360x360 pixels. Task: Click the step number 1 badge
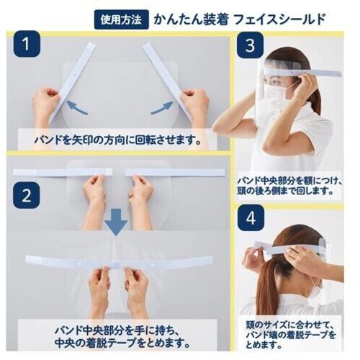click(x=27, y=44)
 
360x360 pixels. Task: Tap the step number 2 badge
click(x=27, y=195)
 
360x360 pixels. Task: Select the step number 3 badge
click(x=250, y=45)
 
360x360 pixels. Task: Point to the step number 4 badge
click(x=251, y=218)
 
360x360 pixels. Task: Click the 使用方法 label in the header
click(x=121, y=19)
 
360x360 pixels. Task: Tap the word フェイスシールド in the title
click(x=279, y=19)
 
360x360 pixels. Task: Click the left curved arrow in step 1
click(x=77, y=107)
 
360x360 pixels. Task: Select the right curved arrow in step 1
click(x=161, y=107)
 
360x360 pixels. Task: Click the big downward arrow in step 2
click(x=116, y=222)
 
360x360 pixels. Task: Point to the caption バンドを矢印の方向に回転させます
click(x=117, y=140)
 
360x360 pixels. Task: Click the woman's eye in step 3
click(x=274, y=81)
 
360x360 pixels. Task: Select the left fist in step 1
click(x=46, y=100)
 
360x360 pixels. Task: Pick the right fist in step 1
click(x=195, y=100)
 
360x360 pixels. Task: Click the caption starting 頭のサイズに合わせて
click(x=290, y=336)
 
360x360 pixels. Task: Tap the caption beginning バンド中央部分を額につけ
click(x=290, y=186)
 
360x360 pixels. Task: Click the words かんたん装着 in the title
click(x=190, y=19)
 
